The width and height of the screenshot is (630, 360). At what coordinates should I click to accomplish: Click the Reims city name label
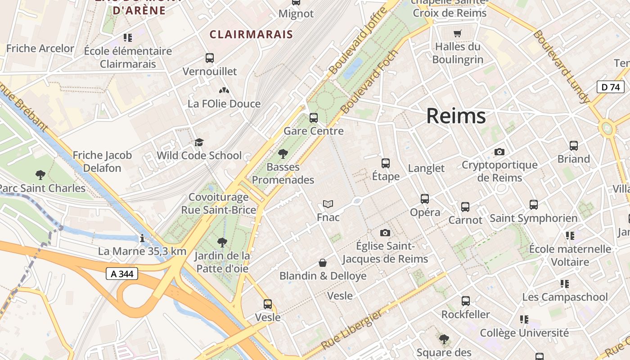(x=456, y=116)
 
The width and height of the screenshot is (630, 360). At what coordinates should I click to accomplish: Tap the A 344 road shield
(x=122, y=273)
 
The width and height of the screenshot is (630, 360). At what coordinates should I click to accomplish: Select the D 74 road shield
(x=610, y=87)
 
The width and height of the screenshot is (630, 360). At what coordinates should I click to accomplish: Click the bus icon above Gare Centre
(x=314, y=118)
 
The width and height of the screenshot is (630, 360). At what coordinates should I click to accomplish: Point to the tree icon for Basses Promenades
(x=283, y=154)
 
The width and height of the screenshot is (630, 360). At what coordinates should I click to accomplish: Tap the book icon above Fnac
(x=328, y=204)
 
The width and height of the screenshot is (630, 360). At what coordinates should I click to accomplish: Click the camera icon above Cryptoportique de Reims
(x=499, y=152)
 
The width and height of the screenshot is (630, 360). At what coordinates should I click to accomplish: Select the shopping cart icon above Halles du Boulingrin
(x=458, y=33)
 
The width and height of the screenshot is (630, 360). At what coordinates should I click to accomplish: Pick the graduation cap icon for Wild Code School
(x=199, y=143)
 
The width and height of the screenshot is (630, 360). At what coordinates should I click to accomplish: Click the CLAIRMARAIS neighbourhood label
(x=251, y=34)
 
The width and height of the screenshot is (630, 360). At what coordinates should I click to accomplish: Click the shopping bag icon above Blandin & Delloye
(x=323, y=263)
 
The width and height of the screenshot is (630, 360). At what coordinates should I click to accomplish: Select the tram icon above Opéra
(x=425, y=199)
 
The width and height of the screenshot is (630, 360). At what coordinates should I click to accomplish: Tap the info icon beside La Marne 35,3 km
(x=143, y=238)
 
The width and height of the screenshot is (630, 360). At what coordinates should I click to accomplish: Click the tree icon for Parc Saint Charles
(x=40, y=175)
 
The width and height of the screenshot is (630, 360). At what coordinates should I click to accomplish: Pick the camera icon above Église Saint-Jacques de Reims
(x=385, y=233)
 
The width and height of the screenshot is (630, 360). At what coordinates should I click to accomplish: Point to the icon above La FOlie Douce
(x=224, y=90)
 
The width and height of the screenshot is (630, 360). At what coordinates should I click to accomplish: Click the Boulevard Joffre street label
(x=358, y=41)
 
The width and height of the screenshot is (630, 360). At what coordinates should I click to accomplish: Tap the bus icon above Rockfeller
(x=466, y=301)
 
